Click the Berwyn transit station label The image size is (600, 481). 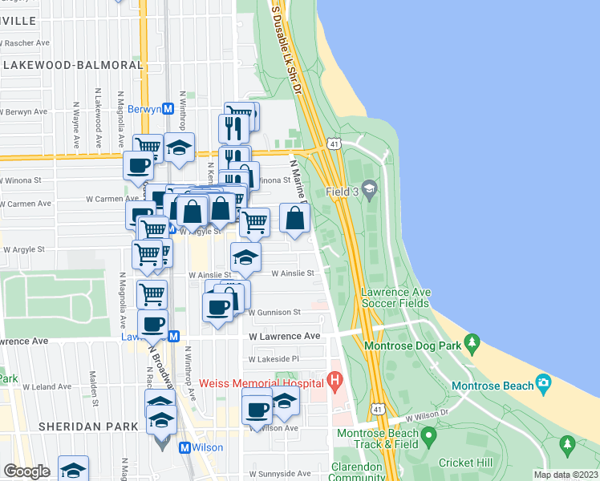click(144, 109)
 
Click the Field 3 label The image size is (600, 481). click(343, 192)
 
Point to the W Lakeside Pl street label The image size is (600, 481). click(274, 359)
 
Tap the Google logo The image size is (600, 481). click(27, 471)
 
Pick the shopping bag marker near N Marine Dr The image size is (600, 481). click(295, 218)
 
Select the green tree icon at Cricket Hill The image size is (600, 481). click(568, 443)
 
